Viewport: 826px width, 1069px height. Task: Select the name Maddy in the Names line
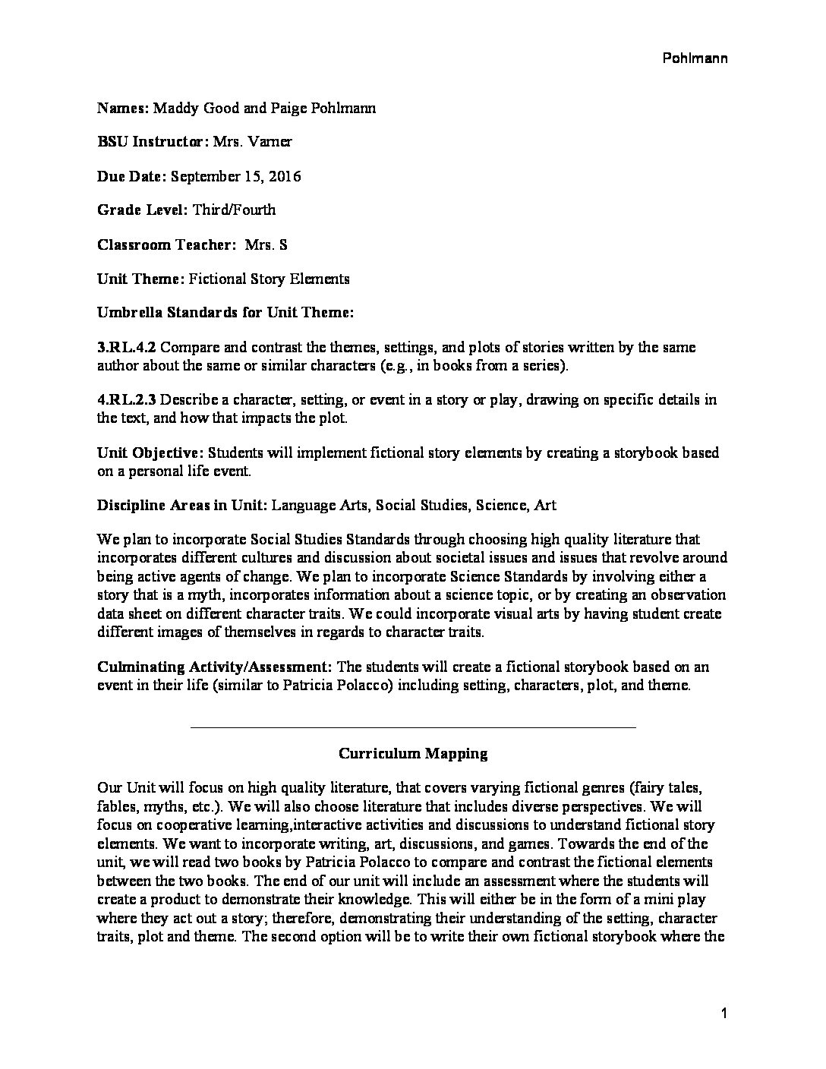(173, 109)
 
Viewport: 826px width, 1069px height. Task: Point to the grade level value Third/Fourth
(234, 210)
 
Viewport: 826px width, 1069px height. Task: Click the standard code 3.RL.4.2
(127, 347)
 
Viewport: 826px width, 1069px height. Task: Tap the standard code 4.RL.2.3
(127, 399)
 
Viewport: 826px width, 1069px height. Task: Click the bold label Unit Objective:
(150, 453)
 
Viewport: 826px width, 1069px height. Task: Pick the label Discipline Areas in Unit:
(181, 505)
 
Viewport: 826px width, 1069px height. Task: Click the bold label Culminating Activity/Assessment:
(215, 667)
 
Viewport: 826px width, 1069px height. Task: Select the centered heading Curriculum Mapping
(413, 754)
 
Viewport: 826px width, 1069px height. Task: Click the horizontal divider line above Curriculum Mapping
(413, 727)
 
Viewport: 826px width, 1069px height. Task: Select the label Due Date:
(132, 176)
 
